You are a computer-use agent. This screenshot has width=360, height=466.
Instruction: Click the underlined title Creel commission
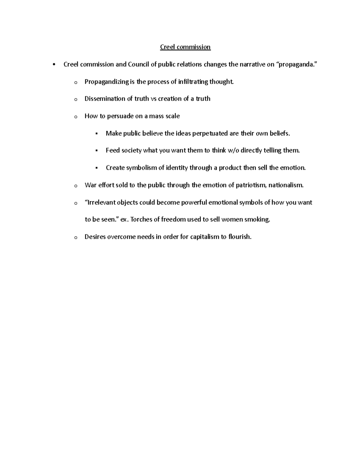coord(185,47)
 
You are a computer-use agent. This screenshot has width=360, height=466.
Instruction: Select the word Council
coord(139,65)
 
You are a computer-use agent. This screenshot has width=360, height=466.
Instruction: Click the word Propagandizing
coord(106,82)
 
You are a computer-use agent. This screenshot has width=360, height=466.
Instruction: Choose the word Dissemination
coord(105,99)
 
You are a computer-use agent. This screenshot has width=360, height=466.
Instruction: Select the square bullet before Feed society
coord(96,151)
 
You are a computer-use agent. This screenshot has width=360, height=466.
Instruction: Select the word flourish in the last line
coord(240,237)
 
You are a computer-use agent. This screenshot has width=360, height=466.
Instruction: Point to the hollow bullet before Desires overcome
coord(75,238)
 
